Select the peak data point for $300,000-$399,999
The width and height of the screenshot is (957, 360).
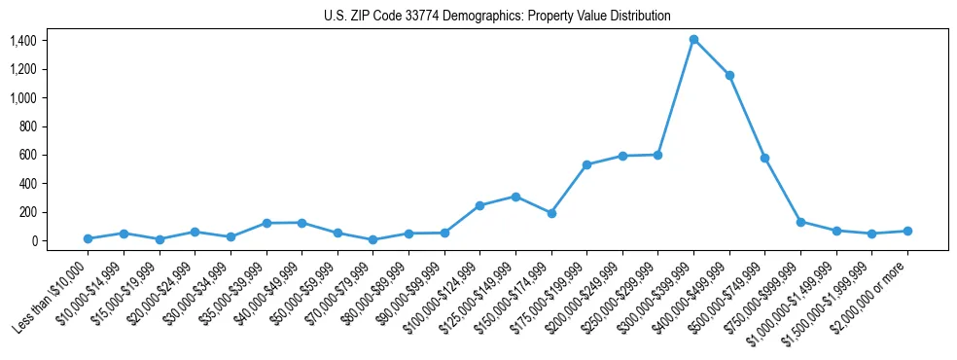pos(693,40)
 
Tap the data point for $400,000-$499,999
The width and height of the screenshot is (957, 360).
pos(729,75)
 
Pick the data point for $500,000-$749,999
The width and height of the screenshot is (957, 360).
pos(764,158)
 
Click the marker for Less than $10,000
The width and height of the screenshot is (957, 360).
pos(88,238)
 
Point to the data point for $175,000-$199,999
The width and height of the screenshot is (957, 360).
pos(586,164)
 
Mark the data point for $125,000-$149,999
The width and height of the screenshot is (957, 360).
pos(515,197)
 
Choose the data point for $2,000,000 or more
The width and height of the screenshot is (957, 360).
pos(907,231)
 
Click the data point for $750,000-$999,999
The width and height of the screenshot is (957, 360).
pos(800,222)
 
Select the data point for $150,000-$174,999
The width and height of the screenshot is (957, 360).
pos(551,213)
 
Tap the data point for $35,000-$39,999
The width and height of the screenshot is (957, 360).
pos(266,223)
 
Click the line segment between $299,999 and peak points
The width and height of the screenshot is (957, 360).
pos(676,97)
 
